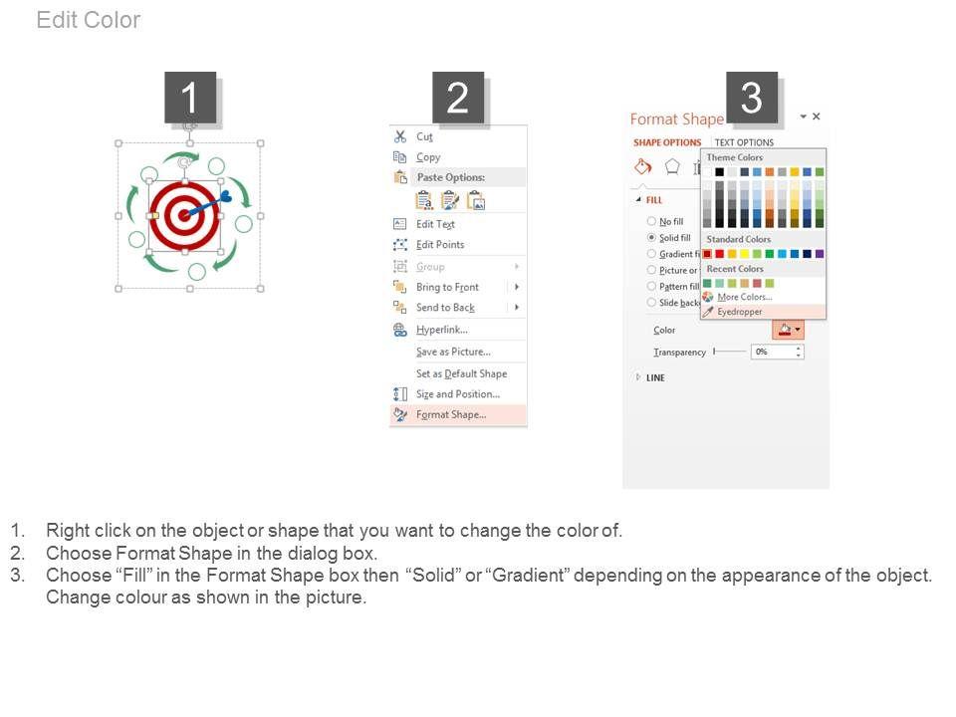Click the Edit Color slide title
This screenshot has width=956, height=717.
[x=89, y=20]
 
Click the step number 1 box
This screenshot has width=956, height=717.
[x=190, y=98]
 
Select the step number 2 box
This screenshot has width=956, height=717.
[x=458, y=98]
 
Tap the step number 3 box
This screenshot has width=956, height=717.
[x=751, y=98]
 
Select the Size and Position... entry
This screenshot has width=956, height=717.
[x=458, y=394]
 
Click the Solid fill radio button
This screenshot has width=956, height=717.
[x=651, y=237]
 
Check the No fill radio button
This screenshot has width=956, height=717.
[x=651, y=221]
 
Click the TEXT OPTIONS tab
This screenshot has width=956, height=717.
[x=744, y=142]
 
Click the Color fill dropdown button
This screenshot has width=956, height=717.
[x=789, y=330]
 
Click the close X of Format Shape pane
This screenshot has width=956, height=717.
[x=817, y=116]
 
